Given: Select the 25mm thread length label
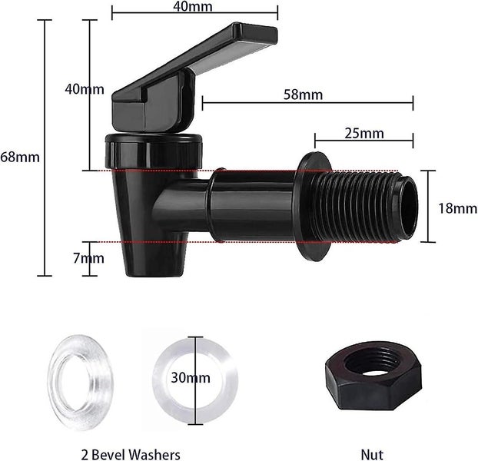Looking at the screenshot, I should pyautogui.click(x=364, y=133).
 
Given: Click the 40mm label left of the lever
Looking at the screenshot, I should pyautogui.click(x=84, y=89).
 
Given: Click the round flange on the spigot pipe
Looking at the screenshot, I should pyautogui.click(x=314, y=205).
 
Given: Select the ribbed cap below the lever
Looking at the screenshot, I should pyautogui.click(x=154, y=148).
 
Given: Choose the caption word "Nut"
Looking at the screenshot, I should pyautogui.click(x=372, y=455).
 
